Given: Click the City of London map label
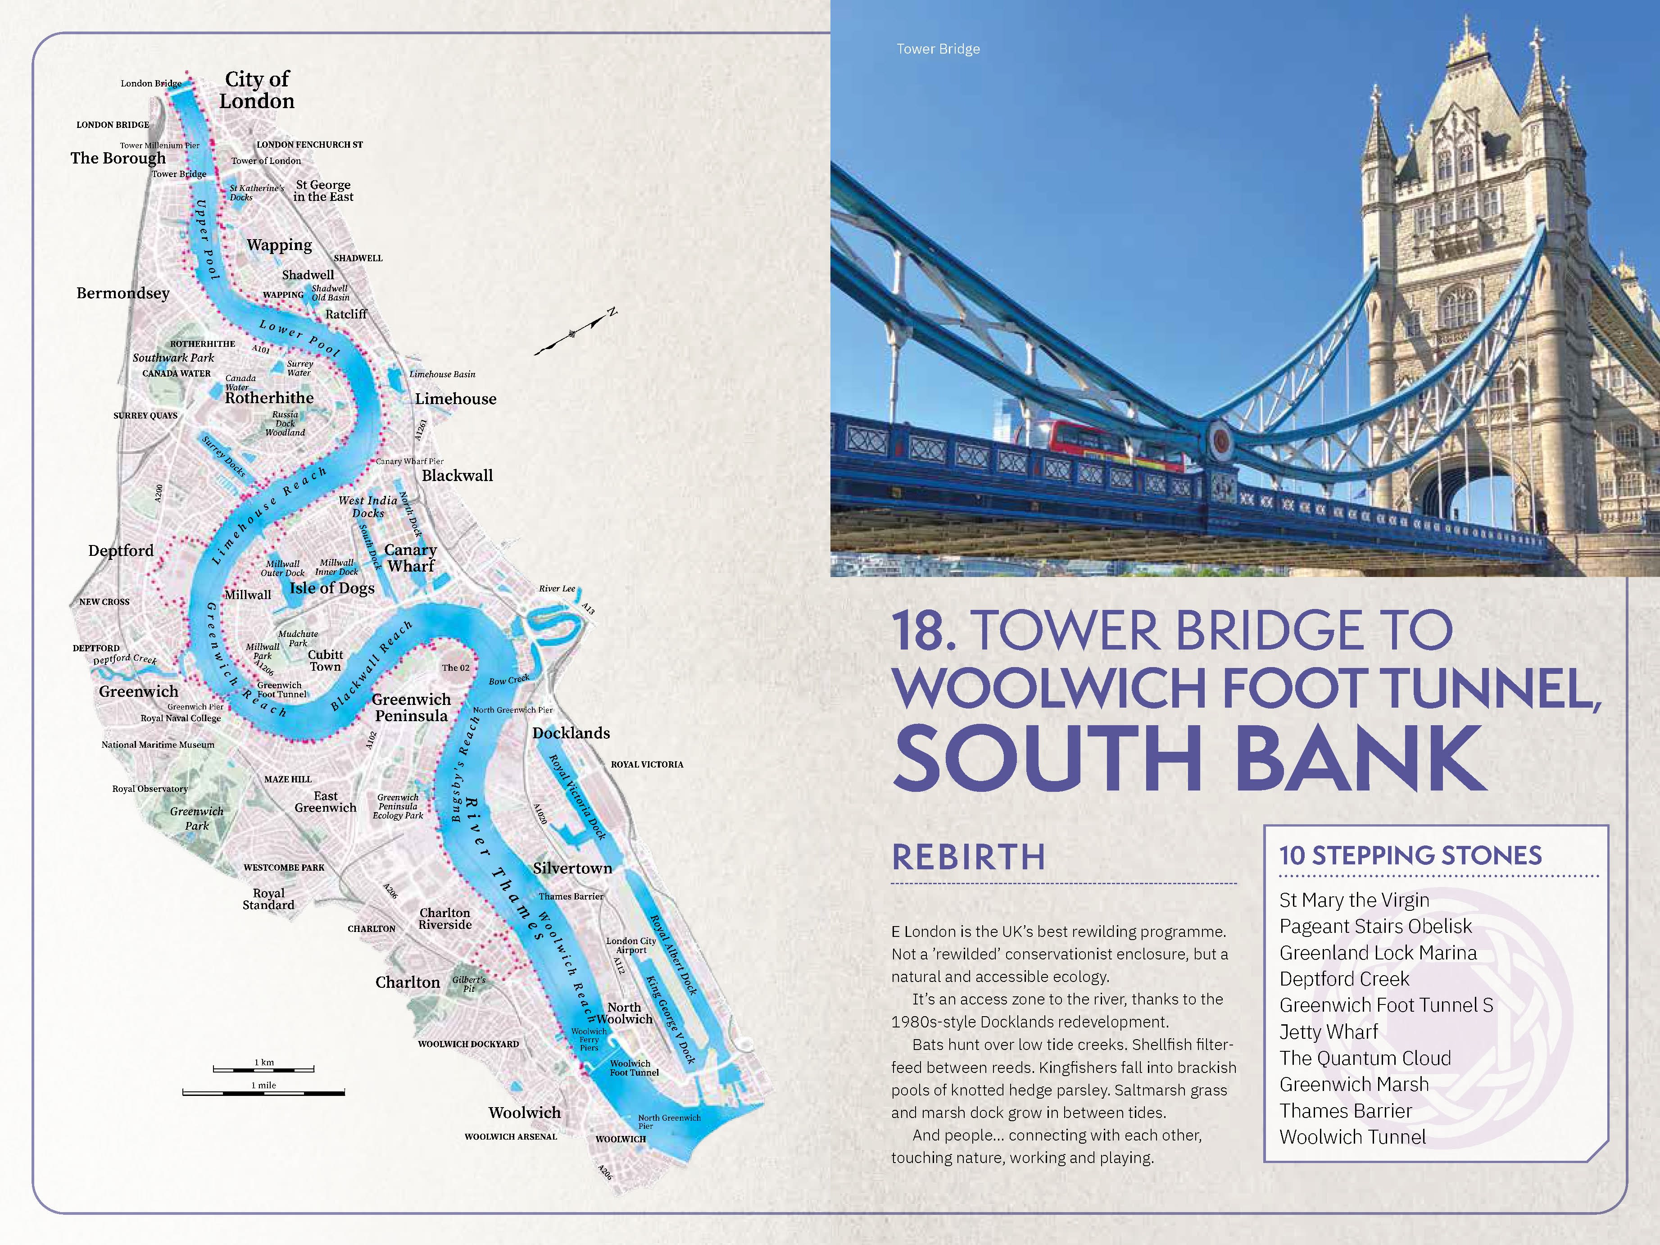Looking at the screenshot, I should (x=257, y=90).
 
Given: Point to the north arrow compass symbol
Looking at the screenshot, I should (x=575, y=332).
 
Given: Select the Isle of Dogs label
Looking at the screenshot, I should (x=332, y=588).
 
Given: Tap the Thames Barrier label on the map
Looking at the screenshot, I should (x=570, y=896).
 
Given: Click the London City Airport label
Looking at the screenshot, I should (x=631, y=945).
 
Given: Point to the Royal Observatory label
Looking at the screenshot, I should (x=150, y=789).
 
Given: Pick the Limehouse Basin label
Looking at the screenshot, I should (x=442, y=374).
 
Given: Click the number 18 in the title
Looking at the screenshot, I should (x=924, y=632).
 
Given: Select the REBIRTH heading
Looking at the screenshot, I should (x=968, y=858).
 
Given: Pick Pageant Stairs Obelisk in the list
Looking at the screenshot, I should (x=1375, y=926).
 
